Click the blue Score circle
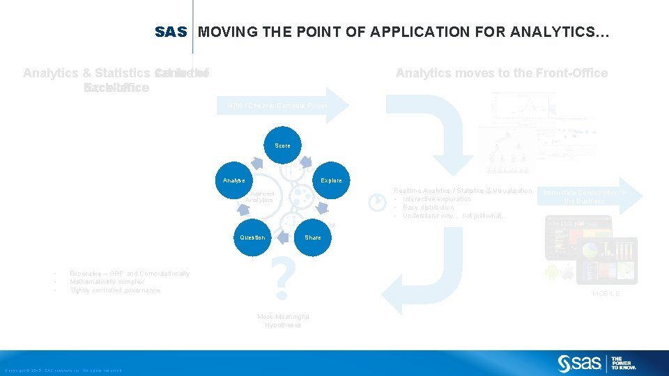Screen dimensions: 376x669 pos(283,146)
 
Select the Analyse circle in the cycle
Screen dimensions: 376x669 pos(234,180)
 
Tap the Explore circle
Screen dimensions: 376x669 pos(331,180)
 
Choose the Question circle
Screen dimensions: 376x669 pos(252,237)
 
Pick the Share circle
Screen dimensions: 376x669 pos(313,237)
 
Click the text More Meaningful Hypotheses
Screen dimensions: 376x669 pos(283,321)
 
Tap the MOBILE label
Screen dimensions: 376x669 pos(606,294)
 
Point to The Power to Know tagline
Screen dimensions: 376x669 pos(622,363)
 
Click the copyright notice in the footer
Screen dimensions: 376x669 pos(63,370)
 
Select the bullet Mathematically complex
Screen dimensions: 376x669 pos(107,282)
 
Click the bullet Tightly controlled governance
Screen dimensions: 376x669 pos(115,290)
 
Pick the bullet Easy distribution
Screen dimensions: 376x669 pos(429,207)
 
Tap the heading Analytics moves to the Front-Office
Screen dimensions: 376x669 pos(502,73)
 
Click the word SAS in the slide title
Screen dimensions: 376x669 pos(171,32)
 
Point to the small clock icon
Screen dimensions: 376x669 pos(376,202)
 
